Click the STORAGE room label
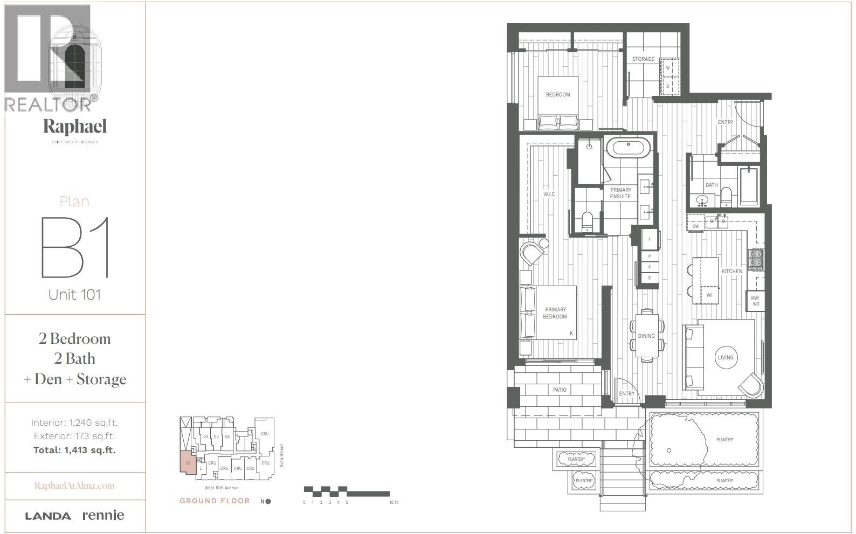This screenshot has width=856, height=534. [643, 59]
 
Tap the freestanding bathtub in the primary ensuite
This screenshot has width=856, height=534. [629, 148]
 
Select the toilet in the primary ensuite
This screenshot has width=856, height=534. [587, 221]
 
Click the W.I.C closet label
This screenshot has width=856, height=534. [549, 194]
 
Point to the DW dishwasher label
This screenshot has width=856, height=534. [695, 226]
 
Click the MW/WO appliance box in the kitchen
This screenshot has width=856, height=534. [755, 301]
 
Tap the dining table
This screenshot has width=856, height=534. [646, 336]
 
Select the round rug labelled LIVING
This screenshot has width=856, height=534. [726, 357]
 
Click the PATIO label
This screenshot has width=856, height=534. [560, 390]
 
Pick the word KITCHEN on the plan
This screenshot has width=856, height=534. [731, 271]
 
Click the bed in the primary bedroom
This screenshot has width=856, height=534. [549, 313]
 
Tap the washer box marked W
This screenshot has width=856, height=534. [668, 68]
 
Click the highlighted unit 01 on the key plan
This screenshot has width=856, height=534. [188, 463]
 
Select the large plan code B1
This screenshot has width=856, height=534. [75, 247]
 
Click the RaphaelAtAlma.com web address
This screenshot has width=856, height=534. [74, 486]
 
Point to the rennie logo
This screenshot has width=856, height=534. [103, 515]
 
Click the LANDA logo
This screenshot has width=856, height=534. [48, 516]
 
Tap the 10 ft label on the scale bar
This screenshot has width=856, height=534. [394, 502]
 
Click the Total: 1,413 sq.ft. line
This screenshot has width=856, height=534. [74, 450]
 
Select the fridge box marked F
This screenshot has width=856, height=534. [650, 239]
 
